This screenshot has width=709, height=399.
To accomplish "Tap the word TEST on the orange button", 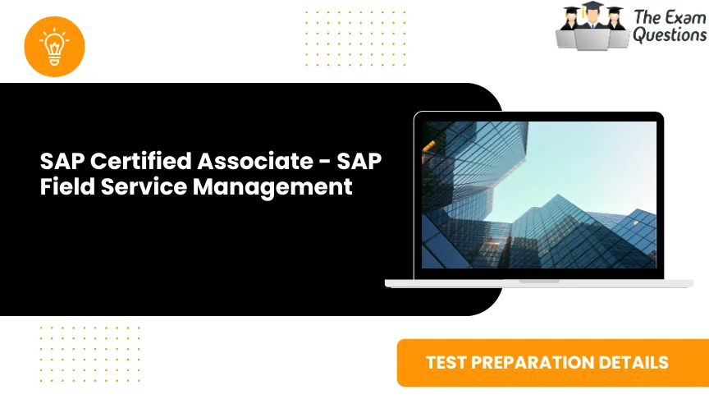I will tap(446, 362).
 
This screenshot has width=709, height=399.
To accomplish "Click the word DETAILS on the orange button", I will tap(637, 362).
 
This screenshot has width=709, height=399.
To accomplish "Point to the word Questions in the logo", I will tap(669, 35).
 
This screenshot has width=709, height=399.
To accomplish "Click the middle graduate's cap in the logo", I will tap(592, 7).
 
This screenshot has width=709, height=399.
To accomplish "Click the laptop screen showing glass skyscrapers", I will tap(538, 195).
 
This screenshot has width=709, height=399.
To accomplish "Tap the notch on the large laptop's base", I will tap(539, 281).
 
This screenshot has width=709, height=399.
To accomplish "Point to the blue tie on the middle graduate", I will tap(592, 28).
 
